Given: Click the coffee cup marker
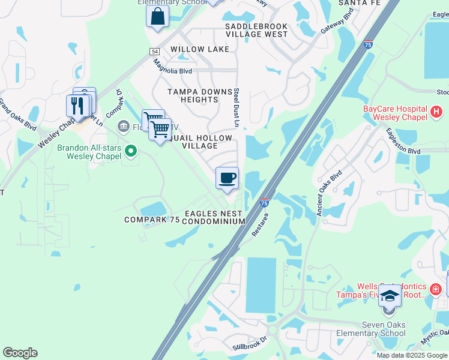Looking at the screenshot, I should pyautogui.click(x=227, y=178).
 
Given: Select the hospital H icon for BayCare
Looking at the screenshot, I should pyautogui.click(x=436, y=112).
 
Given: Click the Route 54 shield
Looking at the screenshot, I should pyautogui.click(x=154, y=53).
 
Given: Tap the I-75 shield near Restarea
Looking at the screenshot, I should pyautogui.click(x=264, y=203).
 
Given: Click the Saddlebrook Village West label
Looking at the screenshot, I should pyautogui.click(x=256, y=31).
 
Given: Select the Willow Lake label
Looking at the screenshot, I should pyautogui.click(x=200, y=49).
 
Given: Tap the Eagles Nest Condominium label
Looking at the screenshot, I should pyautogui.click(x=214, y=217).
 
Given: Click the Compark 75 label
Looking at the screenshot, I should pyautogui.click(x=152, y=220).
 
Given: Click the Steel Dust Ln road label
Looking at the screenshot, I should pyautogui.click(x=237, y=107).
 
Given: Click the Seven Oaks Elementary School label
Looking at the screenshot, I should pyautogui.click(x=383, y=329).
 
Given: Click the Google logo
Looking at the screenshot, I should pyautogui.click(x=20, y=353).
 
